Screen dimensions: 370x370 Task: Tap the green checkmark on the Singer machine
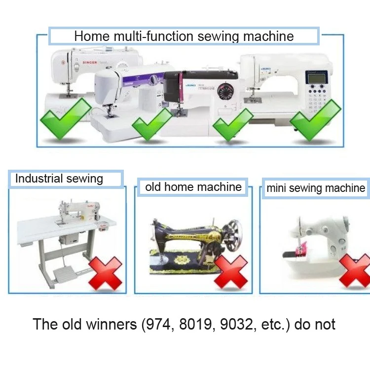(x=65, y=118)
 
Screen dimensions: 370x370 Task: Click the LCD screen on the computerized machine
(x=316, y=77)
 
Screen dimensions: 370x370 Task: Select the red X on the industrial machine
(x=105, y=273)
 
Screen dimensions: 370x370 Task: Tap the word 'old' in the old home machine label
(x=153, y=187)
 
